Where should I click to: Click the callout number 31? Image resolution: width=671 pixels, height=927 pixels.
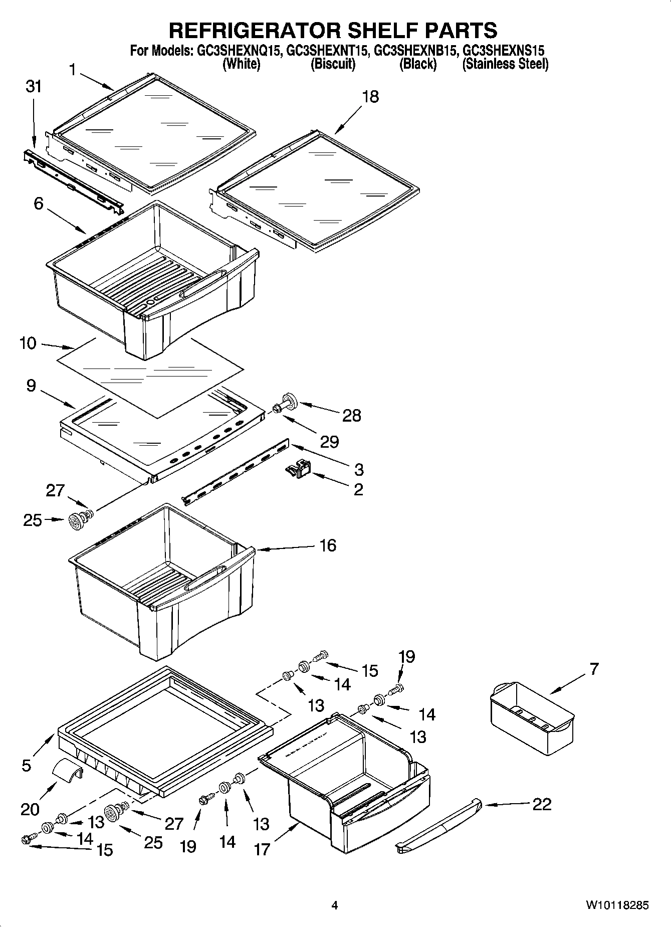34,87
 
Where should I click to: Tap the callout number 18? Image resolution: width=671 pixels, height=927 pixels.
370,96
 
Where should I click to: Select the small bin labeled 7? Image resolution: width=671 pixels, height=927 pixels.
531,718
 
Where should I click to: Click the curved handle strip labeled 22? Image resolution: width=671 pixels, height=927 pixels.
439,823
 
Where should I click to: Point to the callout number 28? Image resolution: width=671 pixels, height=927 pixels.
351,415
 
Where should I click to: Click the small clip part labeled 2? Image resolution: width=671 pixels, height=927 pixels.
299,469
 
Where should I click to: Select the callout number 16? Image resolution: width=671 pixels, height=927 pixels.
328,545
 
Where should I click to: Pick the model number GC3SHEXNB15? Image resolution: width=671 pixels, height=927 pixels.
415,51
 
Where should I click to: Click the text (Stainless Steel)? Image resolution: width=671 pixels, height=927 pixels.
505,64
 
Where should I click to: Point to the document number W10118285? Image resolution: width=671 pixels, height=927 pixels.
617,905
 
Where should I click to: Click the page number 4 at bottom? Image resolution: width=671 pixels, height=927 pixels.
335,905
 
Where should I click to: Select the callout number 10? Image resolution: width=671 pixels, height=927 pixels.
28,343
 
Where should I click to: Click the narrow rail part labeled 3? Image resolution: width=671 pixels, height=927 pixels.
236,474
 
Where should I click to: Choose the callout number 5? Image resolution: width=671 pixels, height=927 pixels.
26,765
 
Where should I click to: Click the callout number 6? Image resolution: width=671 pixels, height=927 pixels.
39,204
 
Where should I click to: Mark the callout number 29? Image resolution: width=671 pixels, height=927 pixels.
330,442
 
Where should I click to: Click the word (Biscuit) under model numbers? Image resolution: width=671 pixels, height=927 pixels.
333,64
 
